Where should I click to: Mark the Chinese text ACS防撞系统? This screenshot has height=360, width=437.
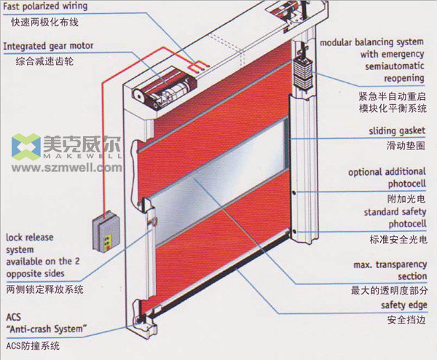tap(33, 346)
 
